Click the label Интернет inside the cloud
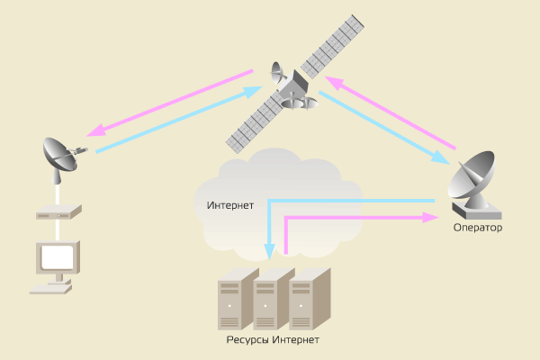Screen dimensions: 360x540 [x=230, y=204]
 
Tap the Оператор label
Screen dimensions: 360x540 [x=477, y=228]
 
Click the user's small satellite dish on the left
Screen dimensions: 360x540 [x=62, y=157]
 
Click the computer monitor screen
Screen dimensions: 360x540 [x=56, y=258]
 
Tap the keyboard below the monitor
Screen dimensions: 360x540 [x=50, y=288]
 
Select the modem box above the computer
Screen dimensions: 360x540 [x=58, y=214]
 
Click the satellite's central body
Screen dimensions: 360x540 [x=292, y=90]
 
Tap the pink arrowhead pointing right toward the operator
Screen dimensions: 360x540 [x=430, y=218]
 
